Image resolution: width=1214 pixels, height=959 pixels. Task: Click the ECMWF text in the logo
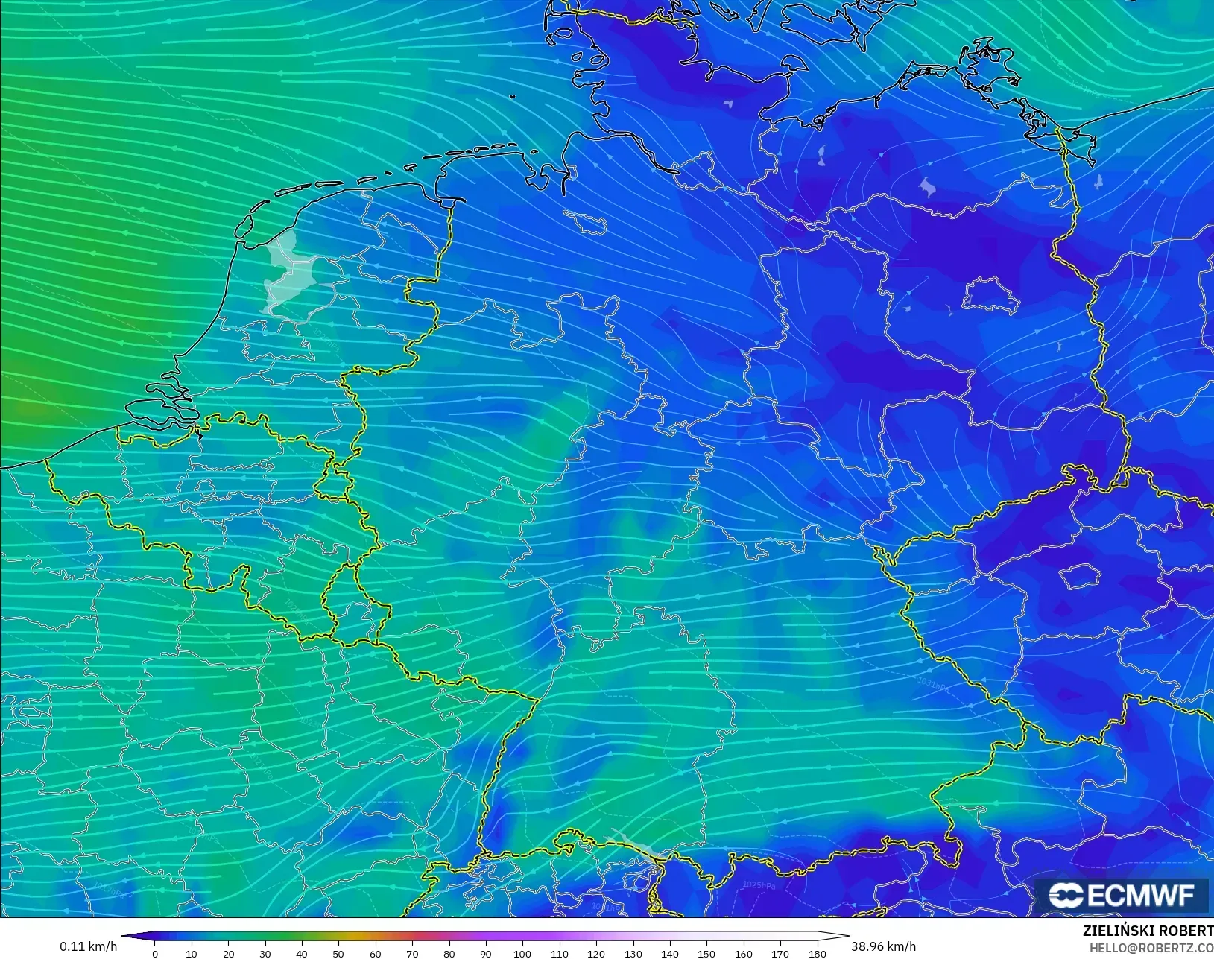[1141, 896]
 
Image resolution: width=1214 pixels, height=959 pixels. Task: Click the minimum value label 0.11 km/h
[88, 946]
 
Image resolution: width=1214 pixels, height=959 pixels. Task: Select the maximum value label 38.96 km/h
[883, 946]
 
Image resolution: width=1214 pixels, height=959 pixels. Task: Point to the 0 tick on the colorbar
[155, 954]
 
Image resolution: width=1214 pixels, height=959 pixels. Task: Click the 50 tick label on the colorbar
[338, 954]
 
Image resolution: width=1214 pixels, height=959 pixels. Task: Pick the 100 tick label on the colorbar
[522, 954]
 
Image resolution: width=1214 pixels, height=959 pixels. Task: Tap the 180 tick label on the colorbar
[817, 954]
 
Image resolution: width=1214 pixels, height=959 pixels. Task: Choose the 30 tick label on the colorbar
[265, 954]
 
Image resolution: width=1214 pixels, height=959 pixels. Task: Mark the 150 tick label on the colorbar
[706, 954]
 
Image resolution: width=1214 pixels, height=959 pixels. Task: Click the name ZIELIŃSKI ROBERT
[1148, 931]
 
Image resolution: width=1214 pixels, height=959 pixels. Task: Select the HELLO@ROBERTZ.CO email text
[1151, 949]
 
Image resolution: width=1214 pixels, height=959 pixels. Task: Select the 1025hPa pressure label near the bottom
[759, 884]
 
